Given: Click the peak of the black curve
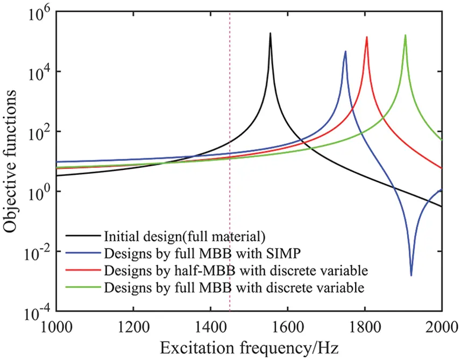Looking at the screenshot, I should click(x=271, y=33).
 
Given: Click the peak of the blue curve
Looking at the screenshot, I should click(x=345, y=52).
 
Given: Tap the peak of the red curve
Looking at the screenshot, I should click(x=367, y=37).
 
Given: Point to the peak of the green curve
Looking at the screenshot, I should click(x=406, y=36).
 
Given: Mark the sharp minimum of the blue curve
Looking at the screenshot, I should click(x=412, y=276).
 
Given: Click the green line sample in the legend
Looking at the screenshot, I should click(x=83, y=287).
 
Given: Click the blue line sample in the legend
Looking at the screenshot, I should click(x=83, y=252).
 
